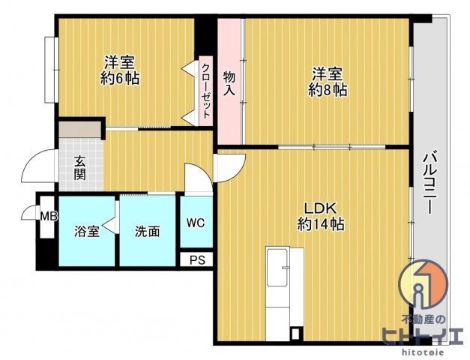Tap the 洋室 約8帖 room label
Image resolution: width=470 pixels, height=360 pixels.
pyautogui.click(x=328, y=81)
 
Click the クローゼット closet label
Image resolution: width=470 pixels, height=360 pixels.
pyautogui.click(x=205, y=93)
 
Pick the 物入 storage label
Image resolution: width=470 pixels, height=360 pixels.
pyautogui.click(x=229, y=83)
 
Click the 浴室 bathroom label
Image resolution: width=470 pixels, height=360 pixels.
pyautogui.click(x=87, y=231)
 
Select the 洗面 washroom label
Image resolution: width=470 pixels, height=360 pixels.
pyautogui.click(x=147, y=231)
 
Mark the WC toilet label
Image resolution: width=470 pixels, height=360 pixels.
pyautogui.click(x=196, y=222)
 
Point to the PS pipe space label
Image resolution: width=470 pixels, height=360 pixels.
pyautogui.click(x=197, y=260)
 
